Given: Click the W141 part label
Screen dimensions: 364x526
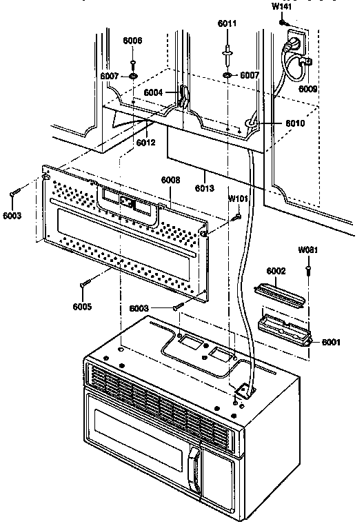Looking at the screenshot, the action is click(x=281, y=6).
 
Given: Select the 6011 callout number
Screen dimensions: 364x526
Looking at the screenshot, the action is click(x=227, y=23).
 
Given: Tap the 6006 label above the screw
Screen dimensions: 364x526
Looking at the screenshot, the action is click(x=132, y=41).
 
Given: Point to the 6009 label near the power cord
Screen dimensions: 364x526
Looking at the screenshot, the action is click(x=307, y=88).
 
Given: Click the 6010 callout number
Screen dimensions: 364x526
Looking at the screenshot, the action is click(x=295, y=123).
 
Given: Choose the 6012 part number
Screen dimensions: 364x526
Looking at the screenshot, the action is click(x=146, y=142).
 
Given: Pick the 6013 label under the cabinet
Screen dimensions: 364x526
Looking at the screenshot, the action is click(x=204, y=188).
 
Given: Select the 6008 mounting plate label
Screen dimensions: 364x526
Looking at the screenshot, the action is click(x=170, y=180).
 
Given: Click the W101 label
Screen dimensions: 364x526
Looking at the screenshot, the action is click(x=238, y=199).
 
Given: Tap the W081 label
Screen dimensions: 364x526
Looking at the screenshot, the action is click(x=308, y=250).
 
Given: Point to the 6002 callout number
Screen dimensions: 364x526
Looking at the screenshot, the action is click(x=276, y=271).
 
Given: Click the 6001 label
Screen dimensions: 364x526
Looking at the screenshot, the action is click(x=331, y=342).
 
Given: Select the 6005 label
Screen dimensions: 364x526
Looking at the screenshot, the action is click(x=82, y=306).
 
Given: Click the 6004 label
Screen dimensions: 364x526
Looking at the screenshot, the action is click(x=153, y=92).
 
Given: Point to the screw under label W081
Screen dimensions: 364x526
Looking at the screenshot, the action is click(x=307, y=270).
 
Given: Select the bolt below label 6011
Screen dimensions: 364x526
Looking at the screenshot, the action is click(x=228, y=55).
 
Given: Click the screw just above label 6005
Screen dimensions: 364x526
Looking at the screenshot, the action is click(x=85, y=283).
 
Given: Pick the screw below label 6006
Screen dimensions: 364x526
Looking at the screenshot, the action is click(x=133, y=63).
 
